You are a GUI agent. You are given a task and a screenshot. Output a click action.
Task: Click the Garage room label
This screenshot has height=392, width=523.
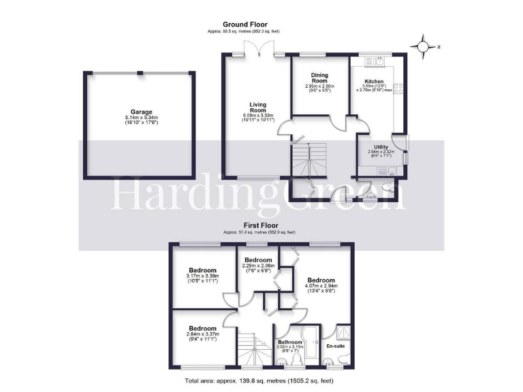tap(142, 112)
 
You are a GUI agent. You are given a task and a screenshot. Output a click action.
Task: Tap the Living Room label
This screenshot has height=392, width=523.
tap(257, 106)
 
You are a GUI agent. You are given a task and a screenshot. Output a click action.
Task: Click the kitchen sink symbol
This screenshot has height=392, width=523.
tap(375, 61)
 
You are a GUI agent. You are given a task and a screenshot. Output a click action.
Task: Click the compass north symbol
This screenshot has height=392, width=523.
tap(424, 46)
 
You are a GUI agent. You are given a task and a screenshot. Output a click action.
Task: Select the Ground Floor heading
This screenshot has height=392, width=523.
tap(243, 24)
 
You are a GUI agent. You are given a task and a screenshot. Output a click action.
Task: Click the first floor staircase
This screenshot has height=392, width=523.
tap(254, 350)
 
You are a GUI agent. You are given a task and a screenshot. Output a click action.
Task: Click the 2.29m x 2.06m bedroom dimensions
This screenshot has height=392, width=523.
tap(258, 268)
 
